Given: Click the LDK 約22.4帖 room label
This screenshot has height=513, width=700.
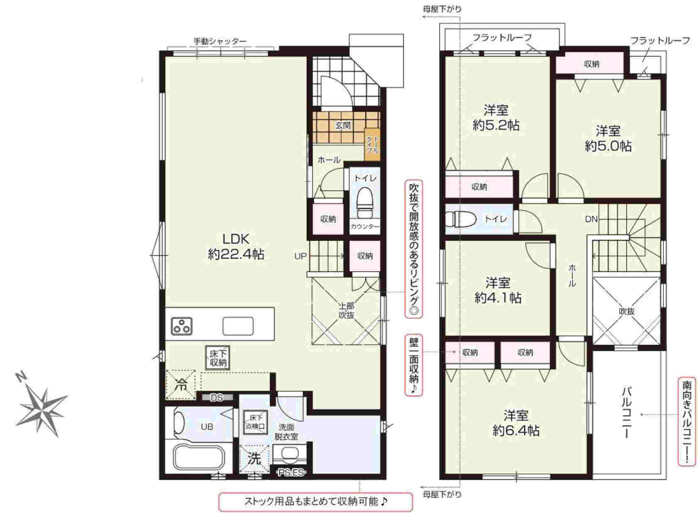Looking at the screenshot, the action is pyautogui.click(x=236, y=247).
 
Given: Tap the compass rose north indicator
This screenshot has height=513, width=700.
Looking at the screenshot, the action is pyautogui.click(x=22, y=377).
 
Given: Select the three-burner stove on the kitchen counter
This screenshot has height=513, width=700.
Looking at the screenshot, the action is pyautogui.click(x=182, y=326).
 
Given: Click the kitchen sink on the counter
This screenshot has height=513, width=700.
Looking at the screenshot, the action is pyautogui.click(x=238, y=326).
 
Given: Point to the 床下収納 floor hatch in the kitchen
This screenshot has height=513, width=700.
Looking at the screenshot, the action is pyautogui.click(x=217, y=358).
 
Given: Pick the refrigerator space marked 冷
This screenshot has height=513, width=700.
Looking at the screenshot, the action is pyautogui.click(x=181, y=385).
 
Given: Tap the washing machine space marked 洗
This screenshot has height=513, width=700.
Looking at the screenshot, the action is pyautogui.click(x=254, y=459).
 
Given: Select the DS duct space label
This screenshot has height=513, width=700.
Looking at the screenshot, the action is pyautogui.click(x=217, y=398).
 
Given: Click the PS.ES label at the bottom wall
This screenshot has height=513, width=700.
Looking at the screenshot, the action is pyautogui.click(x=291, y=473).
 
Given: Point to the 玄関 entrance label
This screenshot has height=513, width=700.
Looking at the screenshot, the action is pyautogui.click(x=343, y=125).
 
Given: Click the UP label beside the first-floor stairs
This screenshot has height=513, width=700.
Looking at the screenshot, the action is pyautogui.click(x=301, y=256).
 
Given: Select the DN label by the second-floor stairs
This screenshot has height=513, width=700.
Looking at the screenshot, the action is pyautogui.click(x=591, y=220).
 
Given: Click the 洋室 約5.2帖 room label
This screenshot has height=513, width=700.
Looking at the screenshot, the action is pyautogui.click(x=496, y=117).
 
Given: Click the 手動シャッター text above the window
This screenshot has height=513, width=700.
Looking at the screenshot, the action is pyautogui.click(x=220, y=41).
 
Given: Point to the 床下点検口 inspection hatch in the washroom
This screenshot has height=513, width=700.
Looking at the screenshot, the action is pyautogui.click(x=255, y=422).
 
